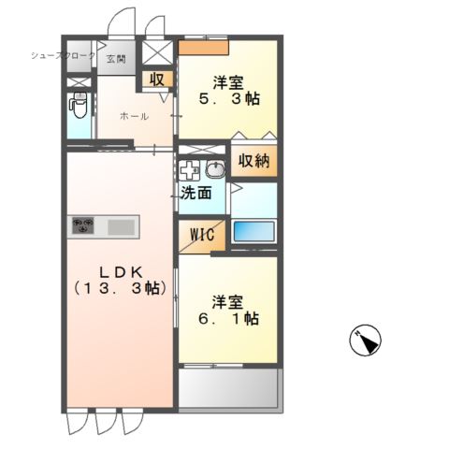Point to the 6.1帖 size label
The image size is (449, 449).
227,319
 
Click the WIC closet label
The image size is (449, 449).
201,234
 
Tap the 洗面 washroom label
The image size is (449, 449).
196,193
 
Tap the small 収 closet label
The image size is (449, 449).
157,80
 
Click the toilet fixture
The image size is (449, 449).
79,109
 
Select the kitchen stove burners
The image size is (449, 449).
86,226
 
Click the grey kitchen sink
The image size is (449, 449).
122,226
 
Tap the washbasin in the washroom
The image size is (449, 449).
215,170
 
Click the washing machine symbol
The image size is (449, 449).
191,171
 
